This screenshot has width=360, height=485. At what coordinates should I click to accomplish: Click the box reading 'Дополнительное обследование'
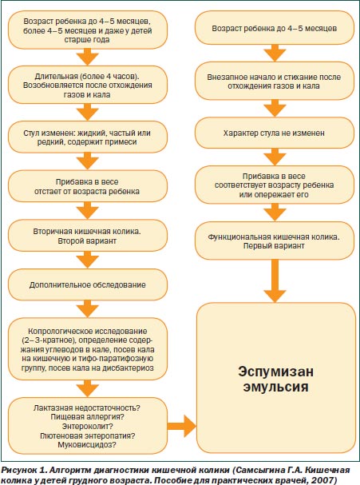(88, 284)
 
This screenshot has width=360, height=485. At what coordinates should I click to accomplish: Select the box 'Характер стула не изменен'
(275, 133)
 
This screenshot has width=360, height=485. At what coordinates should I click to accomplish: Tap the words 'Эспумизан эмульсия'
(275, 379)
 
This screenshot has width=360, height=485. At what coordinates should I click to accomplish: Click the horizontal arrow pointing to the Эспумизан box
(182, 426)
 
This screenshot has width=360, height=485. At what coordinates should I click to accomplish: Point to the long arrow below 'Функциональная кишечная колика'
(275, 280)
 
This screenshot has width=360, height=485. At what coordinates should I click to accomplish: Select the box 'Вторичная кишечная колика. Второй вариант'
(88, 236)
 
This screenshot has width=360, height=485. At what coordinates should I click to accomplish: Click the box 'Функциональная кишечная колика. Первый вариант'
(275, 241)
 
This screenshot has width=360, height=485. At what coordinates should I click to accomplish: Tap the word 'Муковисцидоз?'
(87, 445)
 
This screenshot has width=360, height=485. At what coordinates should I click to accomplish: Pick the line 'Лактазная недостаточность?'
(87, 407)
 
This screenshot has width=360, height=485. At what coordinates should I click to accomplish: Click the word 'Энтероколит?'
(88, 426)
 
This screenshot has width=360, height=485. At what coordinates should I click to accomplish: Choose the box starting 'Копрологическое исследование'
(88, 349)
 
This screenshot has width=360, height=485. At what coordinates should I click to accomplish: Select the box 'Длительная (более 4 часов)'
(88, 85)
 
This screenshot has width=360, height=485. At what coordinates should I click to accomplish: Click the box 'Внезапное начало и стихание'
(275, 81)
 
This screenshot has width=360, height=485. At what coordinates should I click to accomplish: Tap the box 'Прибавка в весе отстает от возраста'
(88, 186)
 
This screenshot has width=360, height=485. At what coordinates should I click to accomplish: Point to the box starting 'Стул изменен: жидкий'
(88, 137)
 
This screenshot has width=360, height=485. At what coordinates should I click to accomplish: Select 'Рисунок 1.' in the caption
(24, 471)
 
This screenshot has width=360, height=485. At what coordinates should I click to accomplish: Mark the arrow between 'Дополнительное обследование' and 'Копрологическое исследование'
(88, 308)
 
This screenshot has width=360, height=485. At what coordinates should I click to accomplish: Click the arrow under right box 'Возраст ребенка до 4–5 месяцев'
(275, 53)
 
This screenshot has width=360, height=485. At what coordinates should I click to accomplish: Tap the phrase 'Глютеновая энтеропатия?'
(88, 435)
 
